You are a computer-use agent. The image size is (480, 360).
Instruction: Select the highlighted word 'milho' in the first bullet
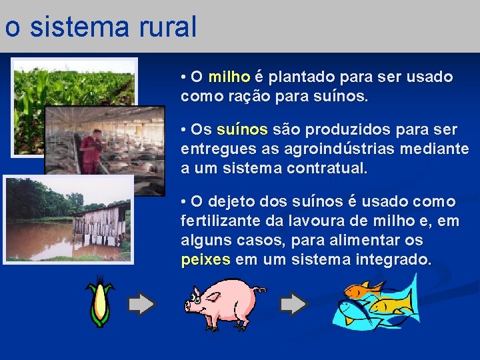pyautogui.click(x=229, y=77)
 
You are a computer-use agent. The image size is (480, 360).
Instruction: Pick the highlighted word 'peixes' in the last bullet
pyautogui.click(x=205, y=259)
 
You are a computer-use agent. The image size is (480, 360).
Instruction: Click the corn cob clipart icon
pyautogui.click(x=100, y=304)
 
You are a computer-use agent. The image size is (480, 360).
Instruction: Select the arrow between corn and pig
pyautogui.click(x=141, y=305)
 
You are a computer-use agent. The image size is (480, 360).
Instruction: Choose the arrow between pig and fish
pyautogui.click(x=294, y=305)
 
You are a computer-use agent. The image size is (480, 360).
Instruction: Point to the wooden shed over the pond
pyautogui.click(x=100, y=227)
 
